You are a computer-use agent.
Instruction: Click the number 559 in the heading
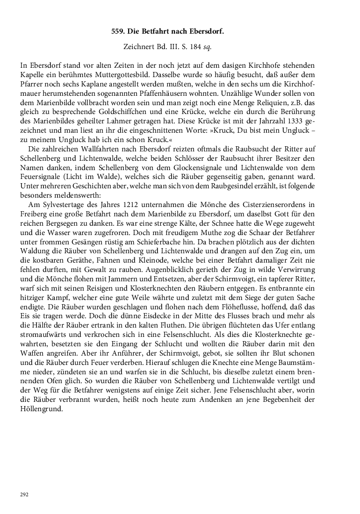118,32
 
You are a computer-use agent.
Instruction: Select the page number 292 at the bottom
24,494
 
